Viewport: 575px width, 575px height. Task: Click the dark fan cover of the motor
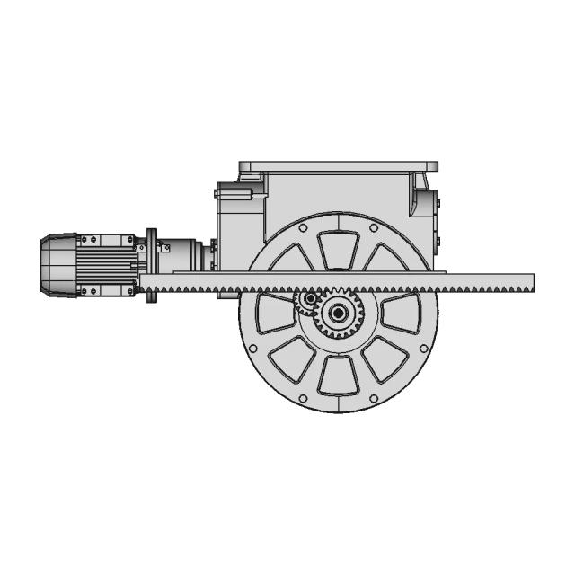[56, 265]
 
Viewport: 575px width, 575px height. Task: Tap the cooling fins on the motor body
[106, 266]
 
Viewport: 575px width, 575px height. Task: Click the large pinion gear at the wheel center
[339, 313]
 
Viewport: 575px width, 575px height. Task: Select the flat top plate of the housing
[339, 166]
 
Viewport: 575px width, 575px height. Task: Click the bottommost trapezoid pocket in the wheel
[339, 375]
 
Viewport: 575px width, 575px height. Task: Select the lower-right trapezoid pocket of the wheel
[384, 358]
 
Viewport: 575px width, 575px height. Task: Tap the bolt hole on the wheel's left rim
[252, 349]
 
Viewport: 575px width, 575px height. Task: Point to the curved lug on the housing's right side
[421, 194]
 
